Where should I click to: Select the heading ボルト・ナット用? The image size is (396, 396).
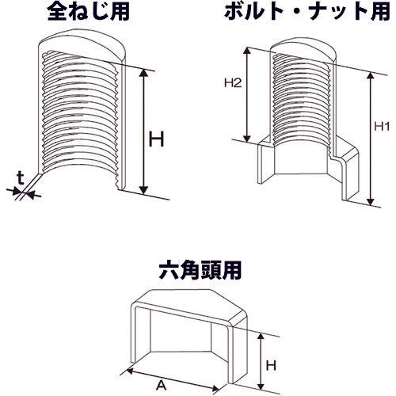tap(298, 11)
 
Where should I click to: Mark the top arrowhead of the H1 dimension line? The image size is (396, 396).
tap(368, 74)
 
